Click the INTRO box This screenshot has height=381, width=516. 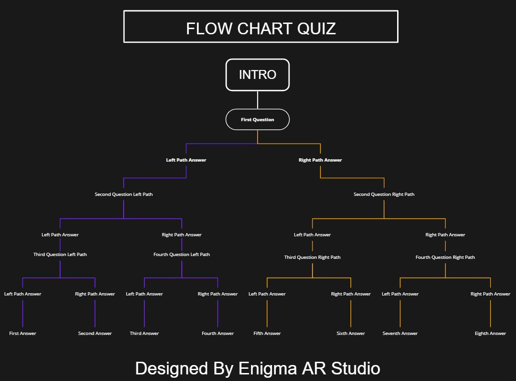pos(258,75)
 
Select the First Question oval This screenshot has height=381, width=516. pos(258,119)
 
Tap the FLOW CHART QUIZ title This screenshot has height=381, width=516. pos(261,28)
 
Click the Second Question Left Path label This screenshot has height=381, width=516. pos(124,194)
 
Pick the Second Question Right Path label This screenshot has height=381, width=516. pos(384,194)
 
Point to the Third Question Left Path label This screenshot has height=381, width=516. pos(60,254)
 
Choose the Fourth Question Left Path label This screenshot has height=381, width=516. pos(182,254)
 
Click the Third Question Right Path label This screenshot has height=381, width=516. pos(313,257)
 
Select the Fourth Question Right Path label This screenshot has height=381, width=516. pos(445,257)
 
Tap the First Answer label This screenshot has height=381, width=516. pos(23,333)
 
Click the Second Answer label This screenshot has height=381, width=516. pos(95,333)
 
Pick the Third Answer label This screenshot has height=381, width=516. pos(144,333)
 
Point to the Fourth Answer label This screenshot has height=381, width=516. pos(218,333)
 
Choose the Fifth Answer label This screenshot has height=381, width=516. pos(267,333)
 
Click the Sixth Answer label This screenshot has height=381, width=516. pos(351,333)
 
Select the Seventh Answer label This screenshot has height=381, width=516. pos(400,333)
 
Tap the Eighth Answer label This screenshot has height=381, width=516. pos(490,333)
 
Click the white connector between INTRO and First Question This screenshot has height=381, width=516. pos(258,100)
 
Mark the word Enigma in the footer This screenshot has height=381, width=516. pos(266,369)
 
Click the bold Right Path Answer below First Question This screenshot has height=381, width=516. pos(320,160)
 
